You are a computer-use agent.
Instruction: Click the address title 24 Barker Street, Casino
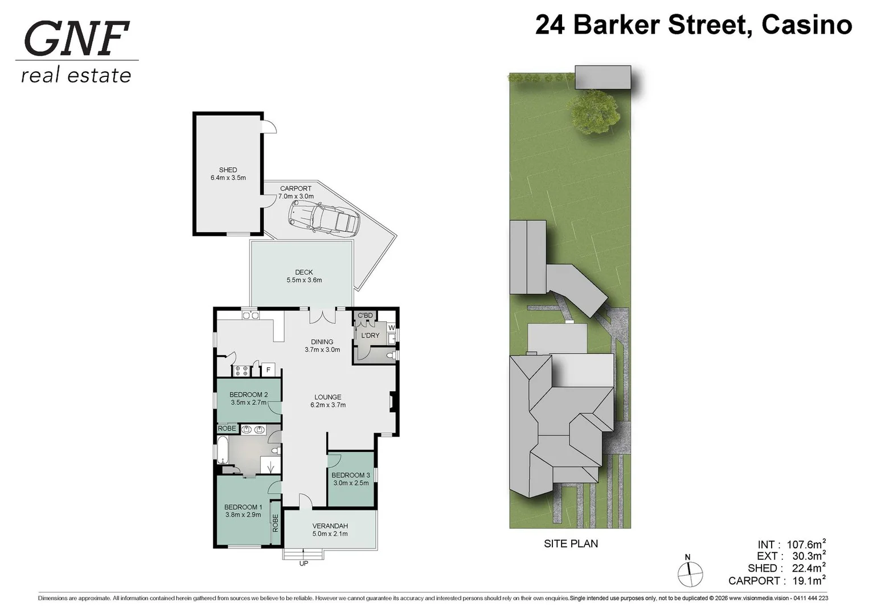coord(693,25)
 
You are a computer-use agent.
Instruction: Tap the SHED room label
coord(228,170)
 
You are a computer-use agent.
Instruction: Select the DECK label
coord(304,272)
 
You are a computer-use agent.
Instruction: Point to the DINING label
coord(322,342)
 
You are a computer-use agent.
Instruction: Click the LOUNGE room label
coord(327,397)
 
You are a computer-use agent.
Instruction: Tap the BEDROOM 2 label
coord(248,394)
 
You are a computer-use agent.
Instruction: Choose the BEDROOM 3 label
coord(351,475)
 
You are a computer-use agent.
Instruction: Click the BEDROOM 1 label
coord(243,507)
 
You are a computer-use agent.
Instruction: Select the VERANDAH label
coord(330,526)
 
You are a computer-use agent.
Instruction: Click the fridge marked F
coord(268,370)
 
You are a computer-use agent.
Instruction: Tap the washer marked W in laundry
coord(391,327)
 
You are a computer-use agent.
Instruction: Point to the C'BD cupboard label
coord(365,315)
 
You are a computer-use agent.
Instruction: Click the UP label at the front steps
coord(304,564)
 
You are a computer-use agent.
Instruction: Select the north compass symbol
coord(690,573)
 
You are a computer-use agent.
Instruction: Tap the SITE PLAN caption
coord(571,544)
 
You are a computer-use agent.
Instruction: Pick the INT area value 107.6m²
coord(806,544)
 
